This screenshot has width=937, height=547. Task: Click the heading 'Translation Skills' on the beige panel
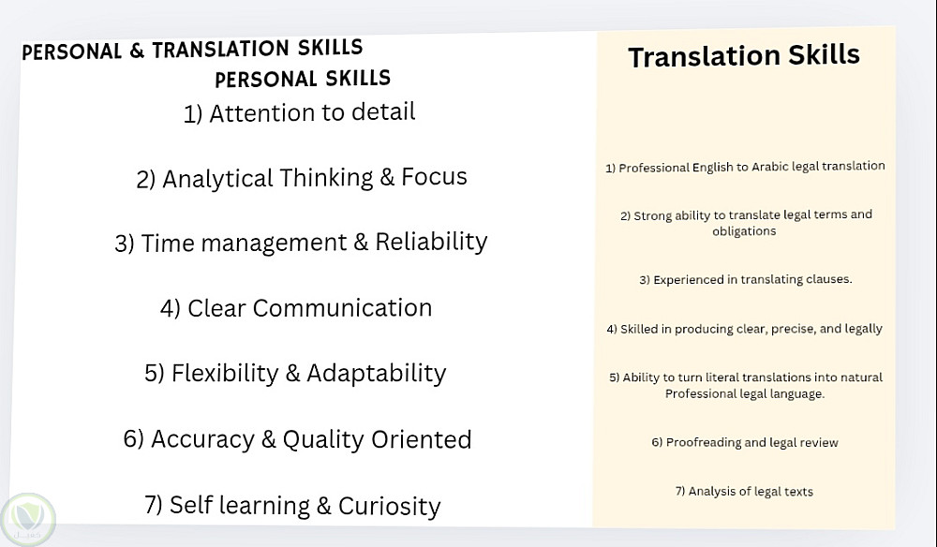tap(744, 56)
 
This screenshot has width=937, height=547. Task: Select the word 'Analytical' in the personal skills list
tap(217, 179)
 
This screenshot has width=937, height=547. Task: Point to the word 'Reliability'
tap(431, 242)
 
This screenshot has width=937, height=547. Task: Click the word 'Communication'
tap(342, 308)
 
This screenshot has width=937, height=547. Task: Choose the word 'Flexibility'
tap(225, 373)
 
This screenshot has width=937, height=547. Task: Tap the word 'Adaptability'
tap(377, 374)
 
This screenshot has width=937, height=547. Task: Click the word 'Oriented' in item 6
tap(422, 439)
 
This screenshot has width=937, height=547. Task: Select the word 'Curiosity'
tap(389, 507)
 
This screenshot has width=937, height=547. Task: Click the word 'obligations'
tap(744, 231)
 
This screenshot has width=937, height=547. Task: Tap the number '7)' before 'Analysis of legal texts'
tap(680, 492)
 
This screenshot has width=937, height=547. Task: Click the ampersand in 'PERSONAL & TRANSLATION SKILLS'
tap(137, 51)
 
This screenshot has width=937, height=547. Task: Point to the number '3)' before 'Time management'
tap(125, 244)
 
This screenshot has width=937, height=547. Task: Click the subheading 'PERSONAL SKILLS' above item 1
tap(303, 79)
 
